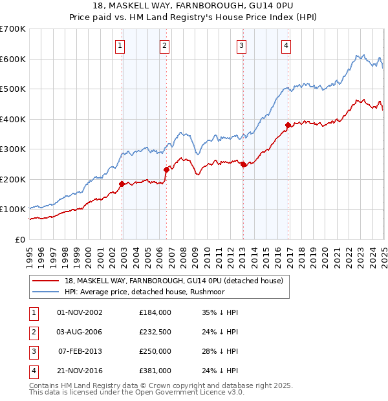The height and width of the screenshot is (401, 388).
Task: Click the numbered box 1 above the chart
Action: pos(121,45)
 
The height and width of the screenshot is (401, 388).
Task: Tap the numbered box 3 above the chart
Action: pos(241,45)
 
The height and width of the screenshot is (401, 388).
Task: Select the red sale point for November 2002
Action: pos(122,184)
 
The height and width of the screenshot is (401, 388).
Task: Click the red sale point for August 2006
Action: pos(166,169)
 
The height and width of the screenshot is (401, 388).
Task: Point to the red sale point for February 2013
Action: pos(243,164)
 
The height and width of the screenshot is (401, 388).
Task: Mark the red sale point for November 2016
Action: pos(288,125)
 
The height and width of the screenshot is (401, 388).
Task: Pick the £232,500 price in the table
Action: pos(155,332)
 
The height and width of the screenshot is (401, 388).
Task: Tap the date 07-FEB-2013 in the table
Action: pos(80,351)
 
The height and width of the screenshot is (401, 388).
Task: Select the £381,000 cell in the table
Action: pos(155,371)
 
